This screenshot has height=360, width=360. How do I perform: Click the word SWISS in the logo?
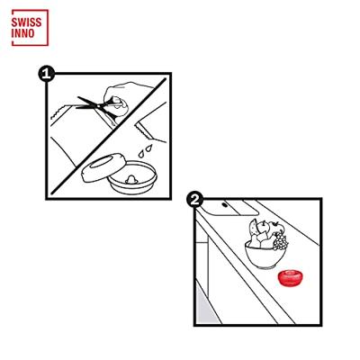pyautogui.click(x=26, y=22)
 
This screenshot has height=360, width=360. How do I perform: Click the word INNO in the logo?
pyautogui.click(x=22, y=33)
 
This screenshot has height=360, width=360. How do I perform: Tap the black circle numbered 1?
pyautogui.click(x=46, y=74)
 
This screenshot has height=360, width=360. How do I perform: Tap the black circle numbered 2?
pyautogui.click(x=194, y=200)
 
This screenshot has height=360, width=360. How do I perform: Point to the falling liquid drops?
pyautogui.click(x=145, y=150)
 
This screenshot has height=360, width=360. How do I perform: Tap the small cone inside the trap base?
pyautogui.click(x=131, y=179)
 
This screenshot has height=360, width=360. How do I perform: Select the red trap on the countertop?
pyautogui.click(x=290, y=277)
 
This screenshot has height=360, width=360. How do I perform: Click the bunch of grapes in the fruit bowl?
pyautogui.click(x=280, y=241)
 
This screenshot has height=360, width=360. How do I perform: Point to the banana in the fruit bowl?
pyautogui.click(x=253, y=229)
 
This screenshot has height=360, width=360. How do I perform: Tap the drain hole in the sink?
pyautogui.click(x=225, y=205)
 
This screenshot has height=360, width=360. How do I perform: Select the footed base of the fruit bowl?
pyautogui.click(x=265, y=266)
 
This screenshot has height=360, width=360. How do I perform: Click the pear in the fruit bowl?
pyautogui.click(x=255, y=241)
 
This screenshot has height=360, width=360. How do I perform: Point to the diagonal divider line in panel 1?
pyautogui.click(x=109, y=136)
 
